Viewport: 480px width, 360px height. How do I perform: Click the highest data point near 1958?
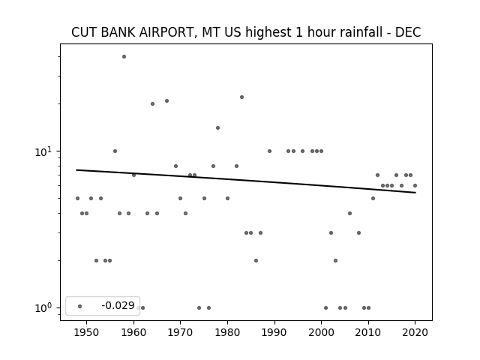(x=124, y=57)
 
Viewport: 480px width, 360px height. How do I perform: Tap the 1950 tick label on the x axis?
(x=87, y=332)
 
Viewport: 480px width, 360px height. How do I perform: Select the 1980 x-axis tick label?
(x=227, y=332)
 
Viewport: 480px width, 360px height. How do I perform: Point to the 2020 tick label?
(x=415, y=332)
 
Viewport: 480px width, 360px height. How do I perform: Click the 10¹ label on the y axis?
(x=44, y=151)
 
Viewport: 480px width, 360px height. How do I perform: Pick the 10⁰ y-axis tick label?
(x=44, y=307)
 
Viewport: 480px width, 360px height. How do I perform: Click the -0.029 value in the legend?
(x=118, y=305)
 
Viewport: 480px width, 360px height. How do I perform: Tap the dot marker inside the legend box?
(x=80, y=306)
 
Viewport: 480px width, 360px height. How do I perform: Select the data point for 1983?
(x=241, y=97)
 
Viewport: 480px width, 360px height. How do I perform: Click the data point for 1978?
(x=218, y=128)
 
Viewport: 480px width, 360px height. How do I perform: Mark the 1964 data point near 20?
(x=152, y=103)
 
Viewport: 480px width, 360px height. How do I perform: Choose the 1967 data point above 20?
(x=166, y=100)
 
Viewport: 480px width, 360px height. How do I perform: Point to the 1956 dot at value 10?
(x=115, y=151)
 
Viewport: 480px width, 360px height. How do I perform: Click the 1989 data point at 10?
(x=270, y=151)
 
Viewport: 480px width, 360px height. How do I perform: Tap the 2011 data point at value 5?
(x=373, y=198)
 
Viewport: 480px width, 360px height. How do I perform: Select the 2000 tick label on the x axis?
(x=321, y=332)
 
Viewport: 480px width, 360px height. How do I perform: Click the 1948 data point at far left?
(x=77, y=198)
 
